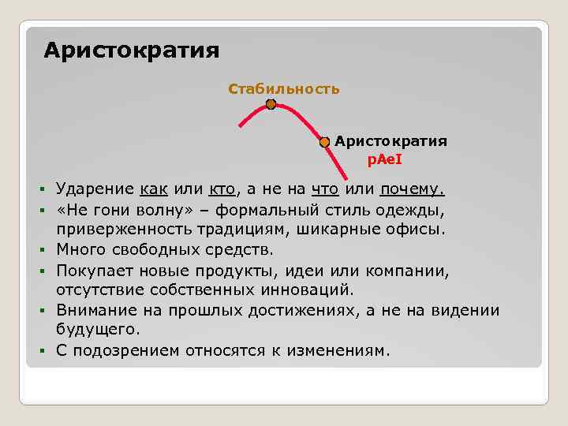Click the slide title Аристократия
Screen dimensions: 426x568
[x=131, y=51]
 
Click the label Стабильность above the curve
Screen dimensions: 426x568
[x=284, y=88]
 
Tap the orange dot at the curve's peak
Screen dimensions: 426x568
[x=271, y=104]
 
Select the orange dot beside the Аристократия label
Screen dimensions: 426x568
[x=324, y=142]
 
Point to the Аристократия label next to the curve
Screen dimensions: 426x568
[x=390, y=141]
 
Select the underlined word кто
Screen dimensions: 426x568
[x=222, y=190]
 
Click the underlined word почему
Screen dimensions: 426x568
[x=412, y=190]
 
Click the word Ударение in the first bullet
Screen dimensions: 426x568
[x=94, y=190]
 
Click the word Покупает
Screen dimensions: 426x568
[x=92, y=271]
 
